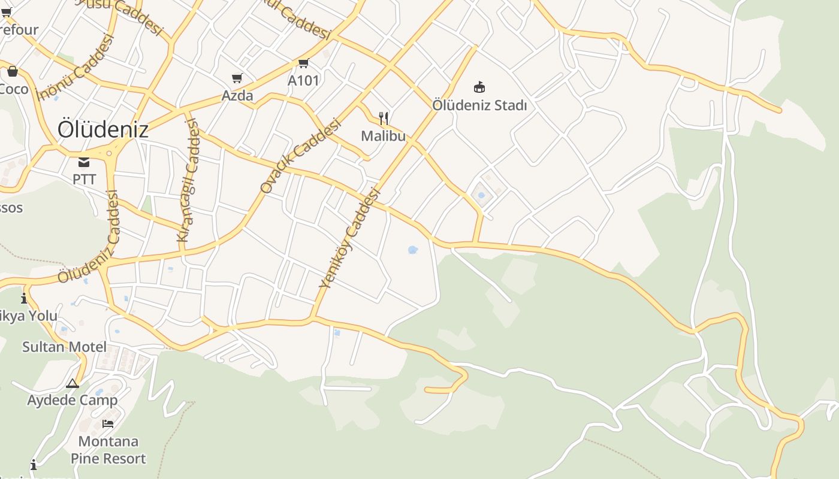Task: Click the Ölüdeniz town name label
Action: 102,129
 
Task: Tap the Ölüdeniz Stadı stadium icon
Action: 479,87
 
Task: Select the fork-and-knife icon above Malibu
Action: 384,119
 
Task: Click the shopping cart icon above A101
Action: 303,63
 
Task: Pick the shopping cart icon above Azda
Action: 237,78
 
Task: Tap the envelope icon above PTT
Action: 84,162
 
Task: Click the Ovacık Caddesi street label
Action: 300,156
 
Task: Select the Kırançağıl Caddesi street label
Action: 188,180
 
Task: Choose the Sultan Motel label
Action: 64,347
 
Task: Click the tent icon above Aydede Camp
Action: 73,383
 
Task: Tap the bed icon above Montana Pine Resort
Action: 108,424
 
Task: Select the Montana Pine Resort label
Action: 108,450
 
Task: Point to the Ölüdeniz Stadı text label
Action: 479,105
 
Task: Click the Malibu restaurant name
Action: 383,136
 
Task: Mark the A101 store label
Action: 303,80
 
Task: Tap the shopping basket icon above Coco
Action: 12,72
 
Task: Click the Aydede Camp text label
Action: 73,400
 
